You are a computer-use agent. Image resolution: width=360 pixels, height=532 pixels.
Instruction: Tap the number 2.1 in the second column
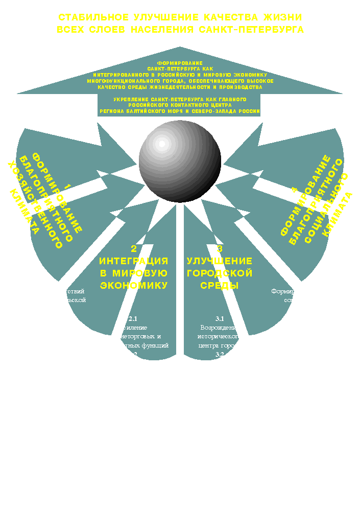click(x=133, y=319)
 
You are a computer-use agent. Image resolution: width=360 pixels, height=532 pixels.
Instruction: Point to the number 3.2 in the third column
click(x=220, y=355)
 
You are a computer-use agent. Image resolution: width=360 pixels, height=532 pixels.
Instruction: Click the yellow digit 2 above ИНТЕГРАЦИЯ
click(x=134, y=249)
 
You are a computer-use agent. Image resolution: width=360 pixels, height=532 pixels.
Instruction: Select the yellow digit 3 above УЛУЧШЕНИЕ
click(x=220, y=249)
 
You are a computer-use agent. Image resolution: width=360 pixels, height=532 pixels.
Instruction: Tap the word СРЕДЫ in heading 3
click(x=220, y=285)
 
